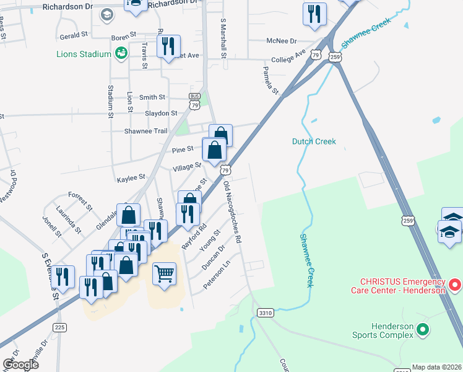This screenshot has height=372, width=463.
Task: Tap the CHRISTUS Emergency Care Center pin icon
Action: [x=455, y=285]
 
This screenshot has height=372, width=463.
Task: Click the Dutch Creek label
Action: [x=314, y=141]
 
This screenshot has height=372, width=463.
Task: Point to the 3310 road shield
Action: [x=266, y=313]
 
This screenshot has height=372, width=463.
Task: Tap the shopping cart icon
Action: [x=164, y=273]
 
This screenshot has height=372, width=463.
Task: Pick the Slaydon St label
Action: [x=161, y=113]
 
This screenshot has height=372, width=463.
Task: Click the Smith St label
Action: [x=152, y=97]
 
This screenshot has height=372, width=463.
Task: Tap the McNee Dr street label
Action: [x=282, y=41]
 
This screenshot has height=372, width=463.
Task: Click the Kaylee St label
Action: [x=131, y=179]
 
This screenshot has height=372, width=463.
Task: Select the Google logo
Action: [x=20, y=365]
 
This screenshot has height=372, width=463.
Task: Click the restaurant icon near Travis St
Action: [x=168, y=46]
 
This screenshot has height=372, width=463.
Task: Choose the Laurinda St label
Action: [x=68, y=218]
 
